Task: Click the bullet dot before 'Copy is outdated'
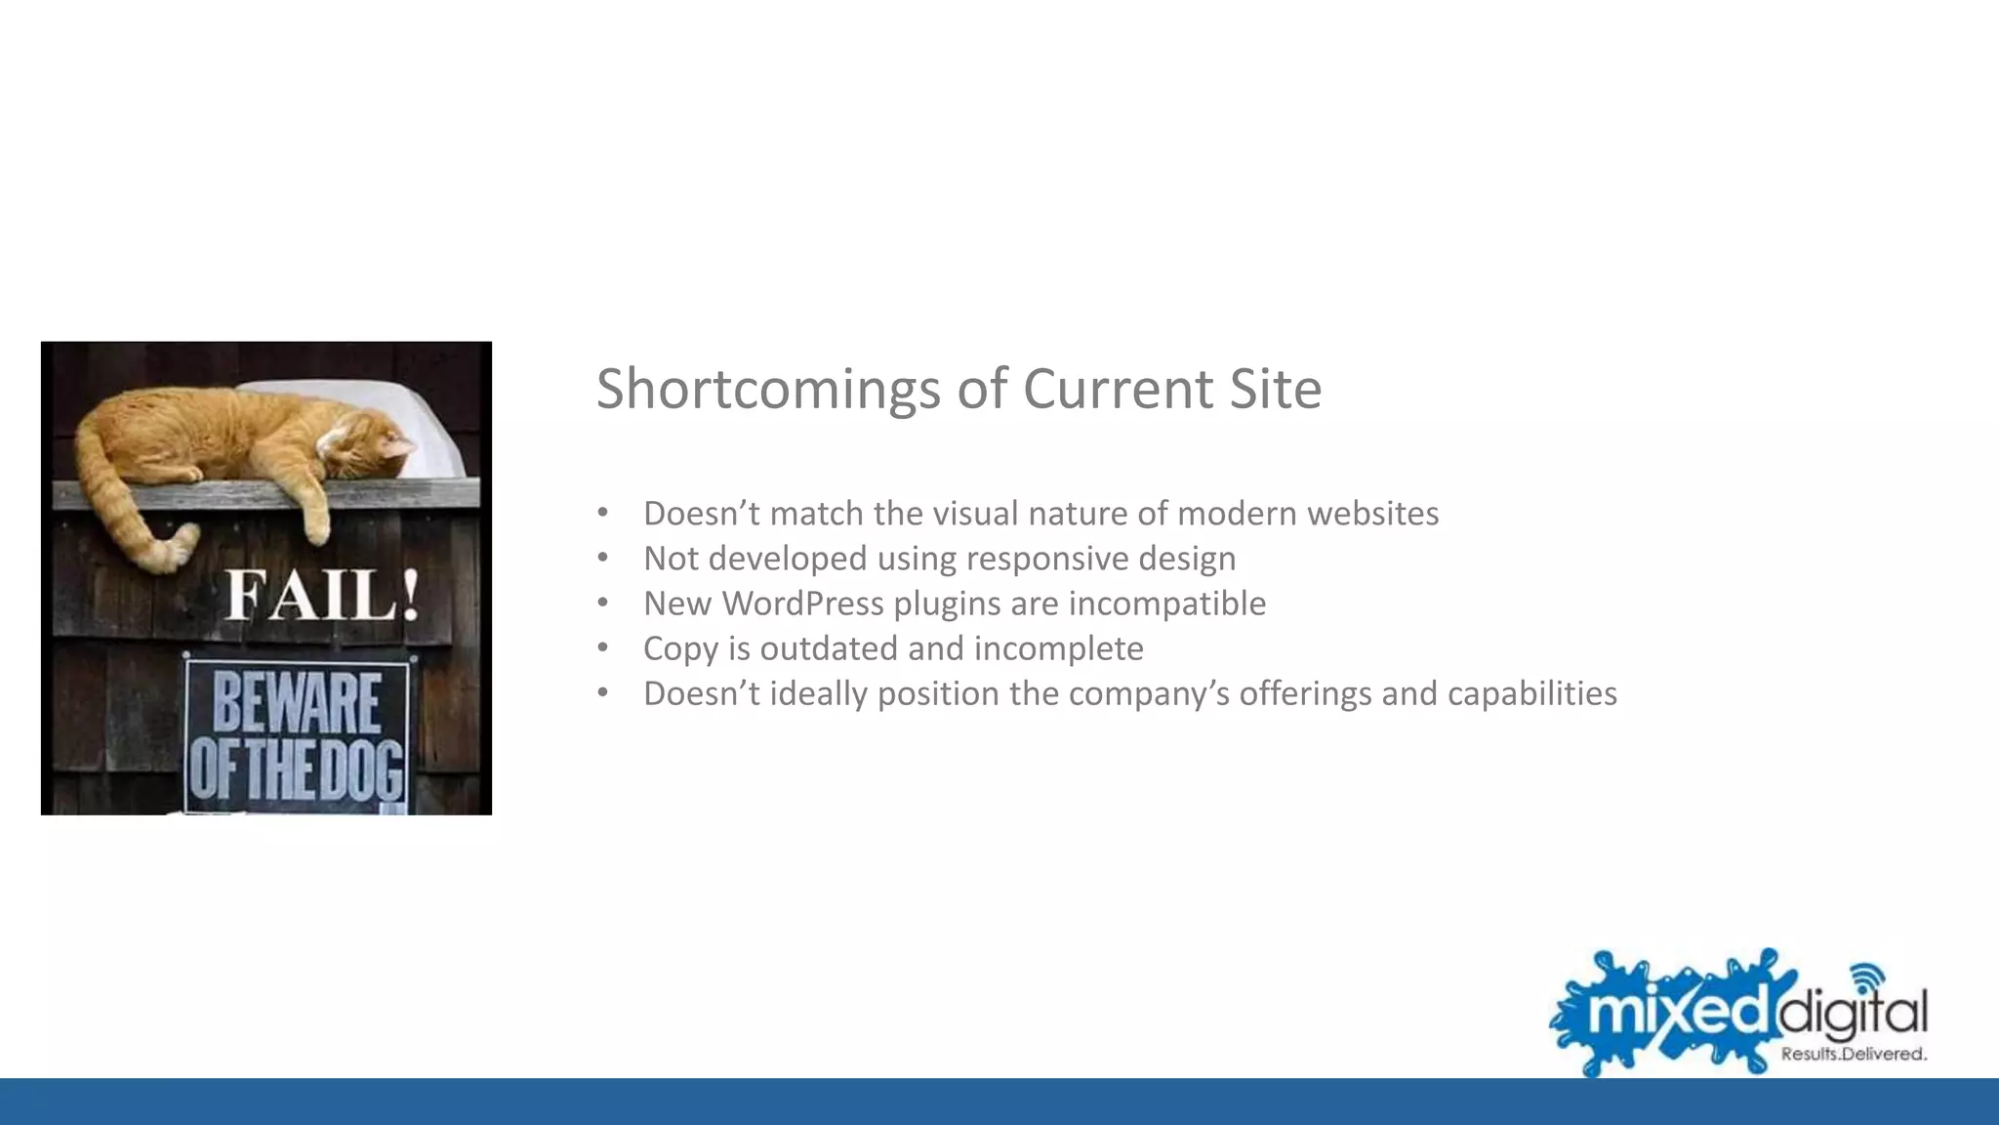tap(603, 647)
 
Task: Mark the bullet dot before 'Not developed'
tap(603, 558)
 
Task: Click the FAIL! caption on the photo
tap(323, 596)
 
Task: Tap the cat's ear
tap(396, 447)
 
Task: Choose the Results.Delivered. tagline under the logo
tap(1854, 1054)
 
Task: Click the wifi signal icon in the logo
tap(1868, 976)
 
